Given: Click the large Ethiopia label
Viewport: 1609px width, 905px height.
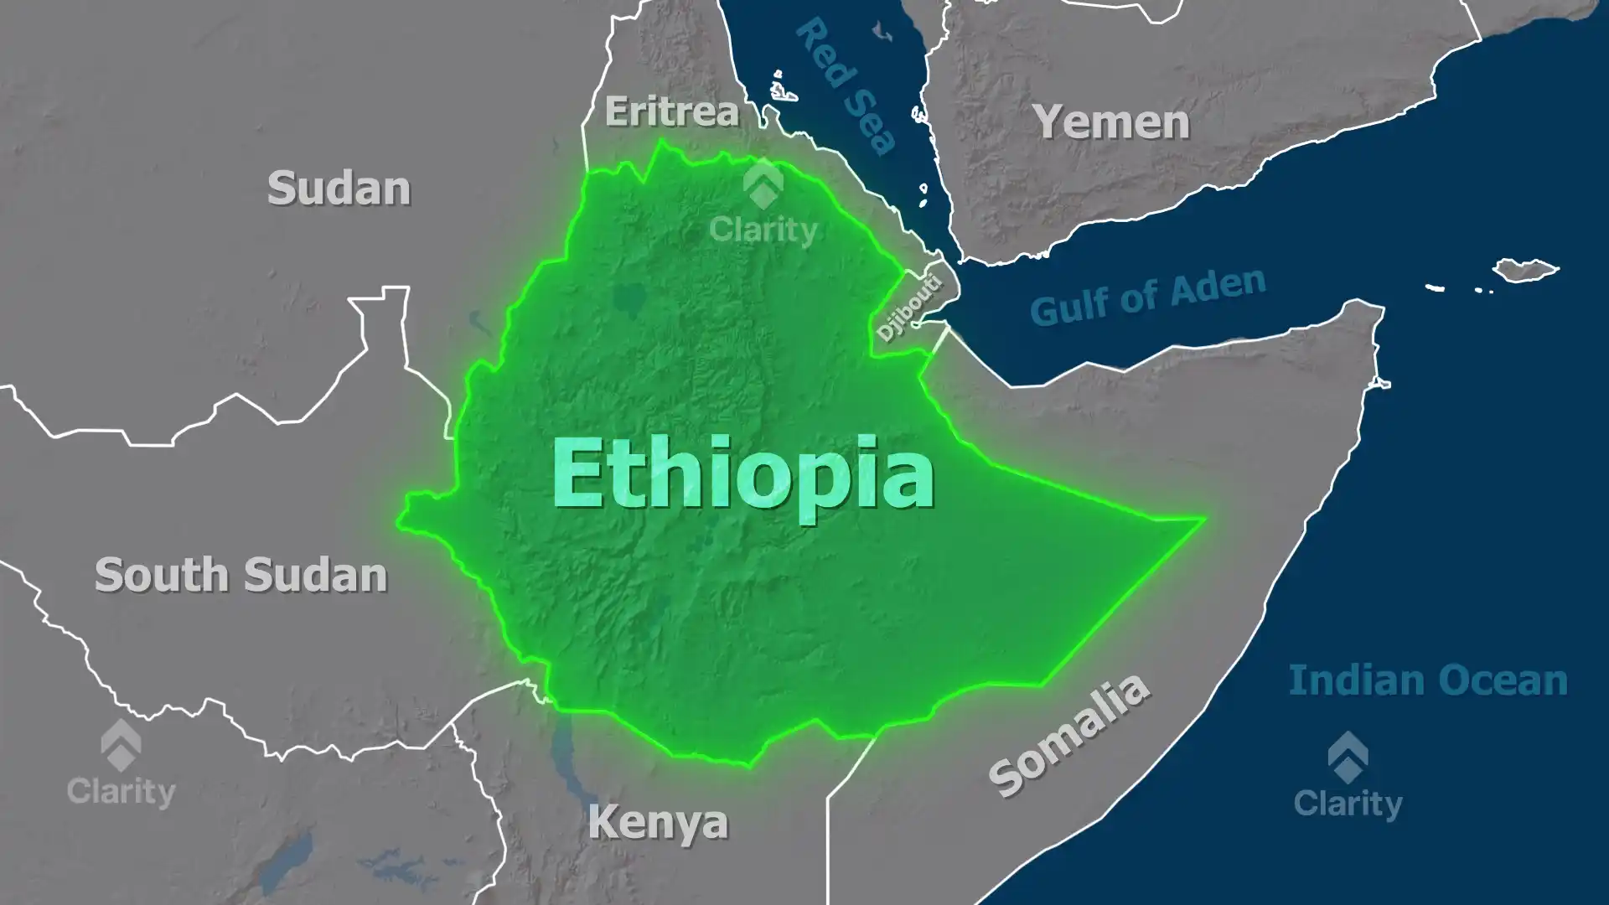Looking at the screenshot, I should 742,475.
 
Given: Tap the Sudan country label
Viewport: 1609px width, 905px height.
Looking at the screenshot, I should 339,189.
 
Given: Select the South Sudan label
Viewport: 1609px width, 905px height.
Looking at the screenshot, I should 241,576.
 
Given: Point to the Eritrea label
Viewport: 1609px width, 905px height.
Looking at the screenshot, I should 672,111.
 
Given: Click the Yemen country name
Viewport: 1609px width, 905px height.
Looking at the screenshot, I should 1111,122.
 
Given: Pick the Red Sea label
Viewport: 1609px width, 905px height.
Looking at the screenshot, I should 846,85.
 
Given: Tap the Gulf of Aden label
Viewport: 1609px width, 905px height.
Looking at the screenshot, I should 1147,297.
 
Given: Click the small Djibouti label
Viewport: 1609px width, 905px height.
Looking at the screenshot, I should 909,308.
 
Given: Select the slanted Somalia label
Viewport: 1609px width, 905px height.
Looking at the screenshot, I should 1069,735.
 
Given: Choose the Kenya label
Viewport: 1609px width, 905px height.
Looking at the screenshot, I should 658,822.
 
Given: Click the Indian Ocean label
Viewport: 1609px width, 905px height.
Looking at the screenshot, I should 1428,680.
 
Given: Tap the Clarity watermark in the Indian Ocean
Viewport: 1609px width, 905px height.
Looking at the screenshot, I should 1348,777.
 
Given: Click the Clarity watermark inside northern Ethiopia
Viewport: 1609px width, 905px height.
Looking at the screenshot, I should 763,206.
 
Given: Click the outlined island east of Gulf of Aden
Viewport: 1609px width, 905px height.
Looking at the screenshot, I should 1525,270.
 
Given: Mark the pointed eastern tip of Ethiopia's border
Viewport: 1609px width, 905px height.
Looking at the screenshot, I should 1203,520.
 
